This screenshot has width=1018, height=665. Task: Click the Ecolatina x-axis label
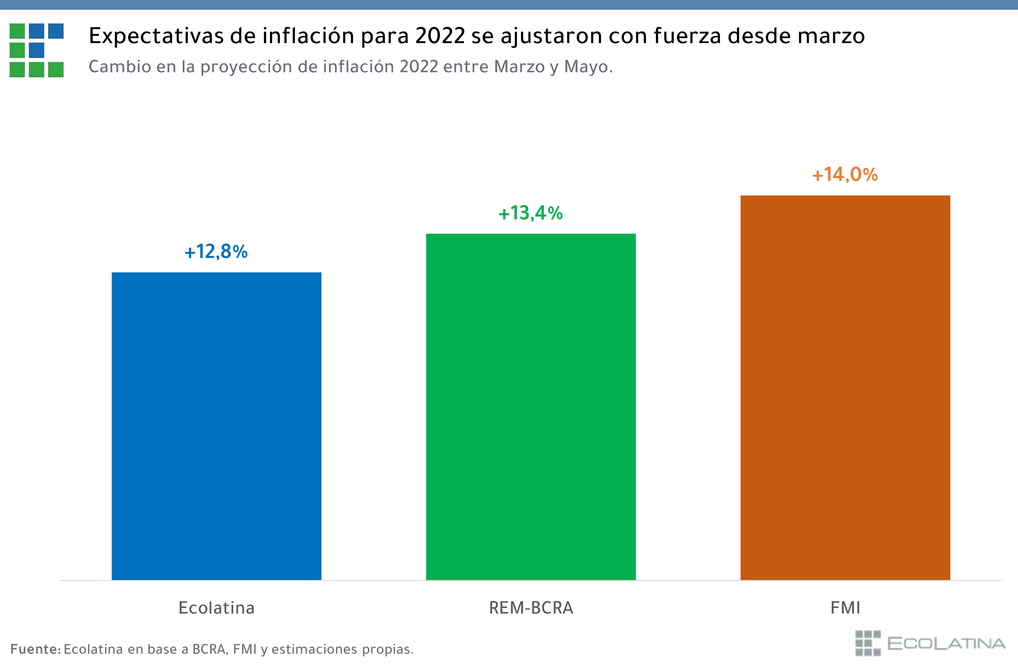216,608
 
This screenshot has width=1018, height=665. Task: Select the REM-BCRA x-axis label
531,608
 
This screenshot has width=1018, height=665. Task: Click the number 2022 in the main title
440,36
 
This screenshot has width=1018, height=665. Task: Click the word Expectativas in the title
156,36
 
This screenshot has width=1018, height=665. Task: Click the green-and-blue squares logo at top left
37,50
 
